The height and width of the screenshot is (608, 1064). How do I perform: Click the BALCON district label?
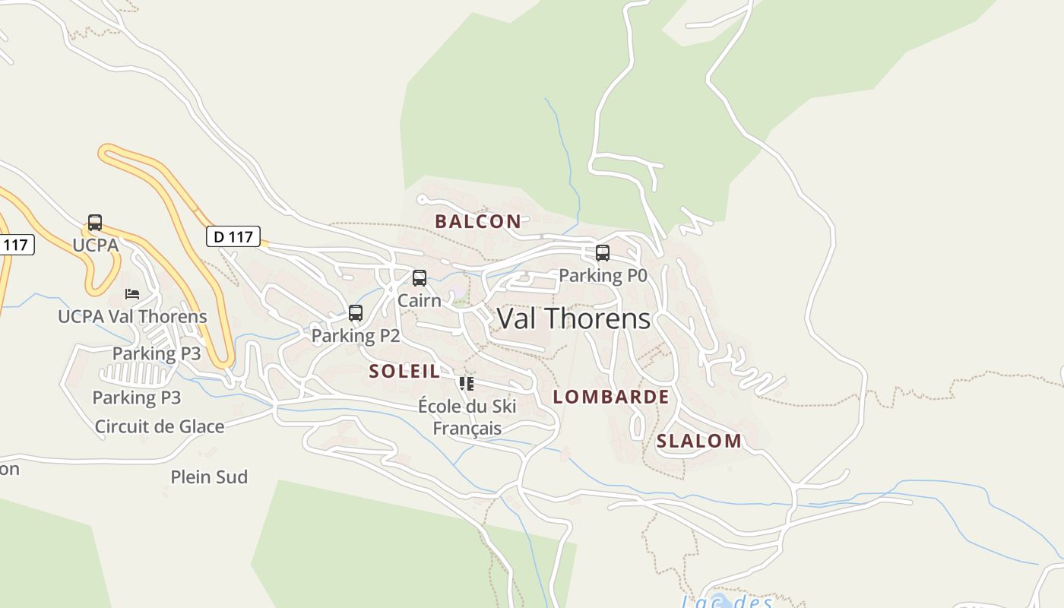[x=478, y=221]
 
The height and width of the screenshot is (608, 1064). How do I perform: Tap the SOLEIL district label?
[x=404, y=371]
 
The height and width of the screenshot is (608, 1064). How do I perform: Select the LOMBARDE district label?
[x=611, y=397]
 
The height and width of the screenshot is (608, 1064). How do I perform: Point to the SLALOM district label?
[x=699, y=441]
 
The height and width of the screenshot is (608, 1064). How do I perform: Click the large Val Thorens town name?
[x=574, y=318]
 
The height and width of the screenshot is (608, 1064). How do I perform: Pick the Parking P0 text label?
[x=603, y=275]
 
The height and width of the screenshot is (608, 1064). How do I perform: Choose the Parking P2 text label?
[x=356, y=335]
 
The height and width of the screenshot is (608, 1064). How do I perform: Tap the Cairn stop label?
[x=420, y=300]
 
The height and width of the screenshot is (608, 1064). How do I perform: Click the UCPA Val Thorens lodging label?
[x=132, y=316]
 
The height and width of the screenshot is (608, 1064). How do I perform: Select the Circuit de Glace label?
[x=160, y=426]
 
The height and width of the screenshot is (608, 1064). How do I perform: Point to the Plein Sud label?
[x=209, y=477]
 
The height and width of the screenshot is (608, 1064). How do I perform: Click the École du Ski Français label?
[x=467, y=417]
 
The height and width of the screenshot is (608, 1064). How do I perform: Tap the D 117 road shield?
[x=233, y=236]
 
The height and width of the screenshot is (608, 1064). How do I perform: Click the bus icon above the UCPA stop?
[x=95, y=223]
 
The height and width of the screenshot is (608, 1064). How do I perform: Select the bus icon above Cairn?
[x=420, y=278]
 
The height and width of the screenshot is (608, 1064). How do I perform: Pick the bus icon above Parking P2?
[x=356, y=313]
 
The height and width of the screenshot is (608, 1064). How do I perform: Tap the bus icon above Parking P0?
[x=603, y=253]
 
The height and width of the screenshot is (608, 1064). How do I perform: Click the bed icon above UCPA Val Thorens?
[x=132, y=294]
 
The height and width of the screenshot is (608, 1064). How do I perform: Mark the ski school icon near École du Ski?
[x=467, y=384]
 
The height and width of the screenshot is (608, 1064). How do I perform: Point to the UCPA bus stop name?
[x=96, y=245]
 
